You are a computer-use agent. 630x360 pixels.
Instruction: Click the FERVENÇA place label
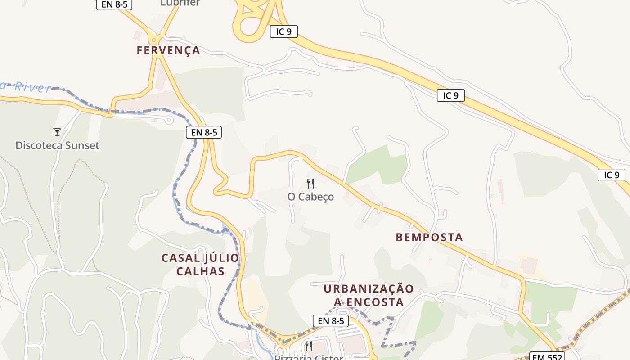coord(168,50)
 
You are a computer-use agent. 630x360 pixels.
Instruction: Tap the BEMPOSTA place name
coord(429,237)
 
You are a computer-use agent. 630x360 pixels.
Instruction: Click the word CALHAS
coord(200,271)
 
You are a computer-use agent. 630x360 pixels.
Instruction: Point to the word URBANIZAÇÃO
coord(369,289)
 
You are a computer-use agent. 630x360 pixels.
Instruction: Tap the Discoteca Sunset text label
coord(57,145)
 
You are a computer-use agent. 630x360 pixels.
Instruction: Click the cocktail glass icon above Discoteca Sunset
coord(57,132)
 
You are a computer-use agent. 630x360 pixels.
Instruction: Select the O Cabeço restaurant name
coord(310,197)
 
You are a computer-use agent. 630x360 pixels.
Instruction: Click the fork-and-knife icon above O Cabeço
coord(310,183)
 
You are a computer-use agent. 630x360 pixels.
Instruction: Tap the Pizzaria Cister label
coord(309,357)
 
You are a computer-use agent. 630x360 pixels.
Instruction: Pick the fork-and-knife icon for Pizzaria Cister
coord(309,346)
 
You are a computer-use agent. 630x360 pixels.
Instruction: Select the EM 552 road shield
coord(546,356)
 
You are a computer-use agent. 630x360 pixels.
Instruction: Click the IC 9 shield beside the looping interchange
coord(284,31)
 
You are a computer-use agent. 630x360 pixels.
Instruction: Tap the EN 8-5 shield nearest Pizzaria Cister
coord(331,320)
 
